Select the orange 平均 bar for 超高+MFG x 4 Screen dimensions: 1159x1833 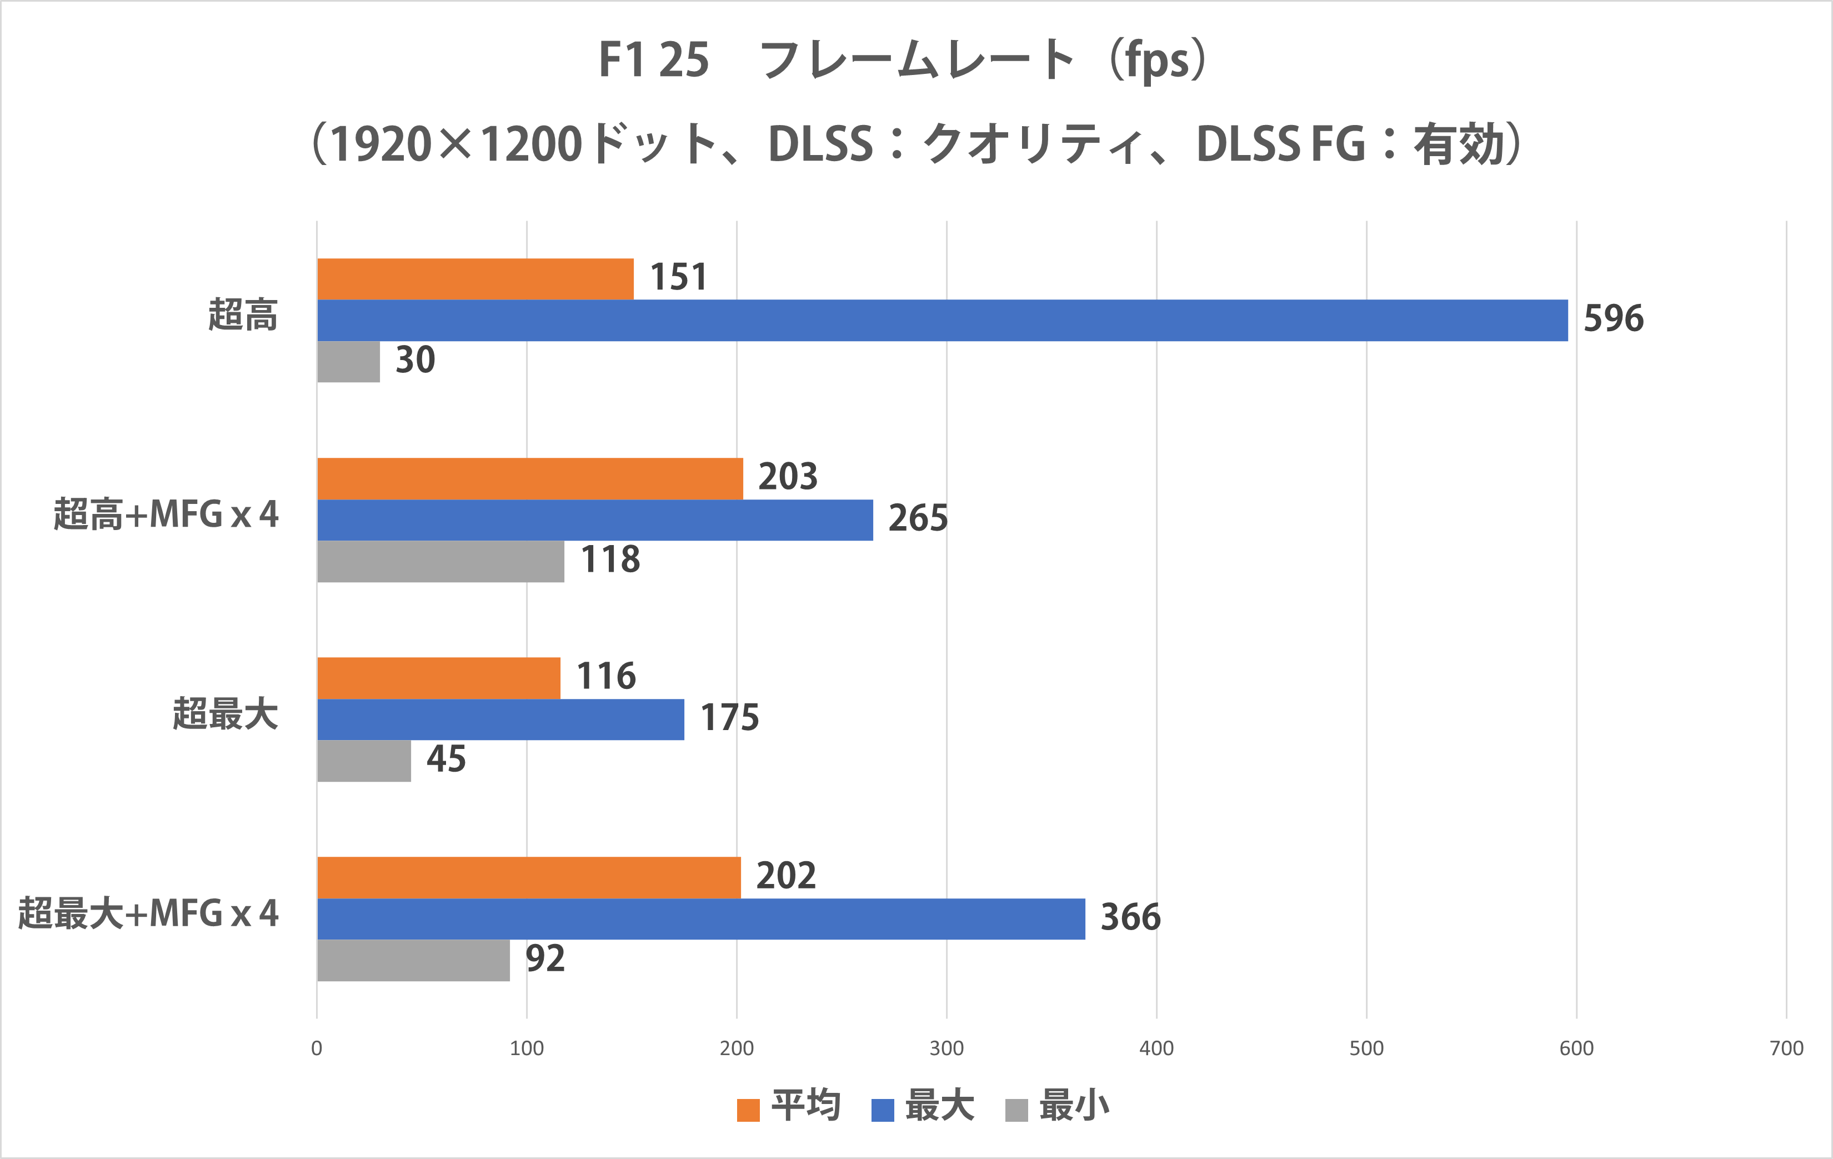coord(530,478)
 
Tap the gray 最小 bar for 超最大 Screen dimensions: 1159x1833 coord(364,761)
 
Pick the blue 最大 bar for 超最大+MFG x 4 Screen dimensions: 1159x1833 coord(700,918)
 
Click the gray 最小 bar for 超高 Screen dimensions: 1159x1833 coord(348,362)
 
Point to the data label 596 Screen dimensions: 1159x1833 coord(1613,318)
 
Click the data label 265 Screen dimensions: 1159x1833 coord(918,518)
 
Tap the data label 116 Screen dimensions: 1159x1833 coord(606,676)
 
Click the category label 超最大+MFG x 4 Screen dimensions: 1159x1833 coord(148,914)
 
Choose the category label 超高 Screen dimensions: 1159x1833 coord(243,315)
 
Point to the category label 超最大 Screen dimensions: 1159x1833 coord(226,715)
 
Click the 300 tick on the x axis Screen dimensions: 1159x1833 coord(946,1048)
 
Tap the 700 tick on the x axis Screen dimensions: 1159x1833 coord(1786,1048)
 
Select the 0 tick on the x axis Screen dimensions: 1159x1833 coord(317,1048)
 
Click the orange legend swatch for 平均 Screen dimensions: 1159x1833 coord(748,1110)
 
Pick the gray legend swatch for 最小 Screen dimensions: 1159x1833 coord(1016,1110)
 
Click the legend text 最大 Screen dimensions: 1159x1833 coord(939,1106)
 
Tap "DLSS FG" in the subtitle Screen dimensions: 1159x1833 coord(1280,144)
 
